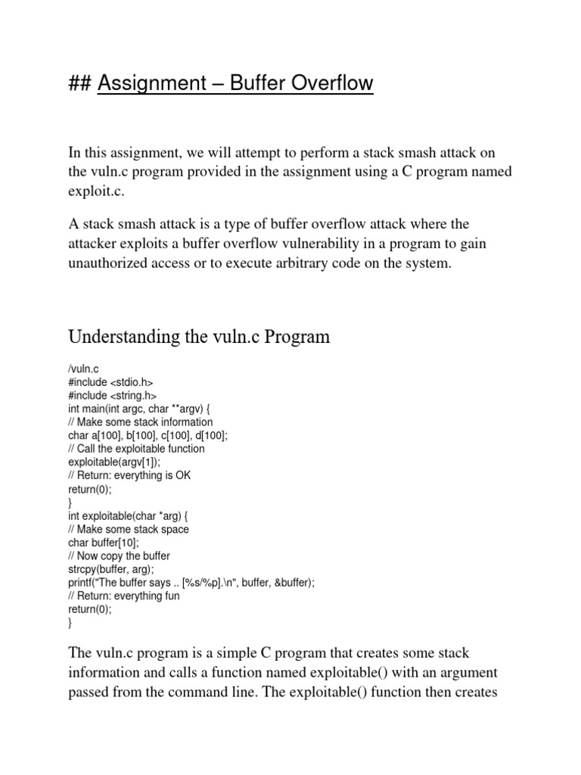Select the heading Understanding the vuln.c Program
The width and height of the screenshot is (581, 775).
(199, 336)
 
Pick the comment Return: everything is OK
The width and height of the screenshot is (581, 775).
(126, 475)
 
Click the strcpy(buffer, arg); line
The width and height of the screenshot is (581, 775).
(110, 569)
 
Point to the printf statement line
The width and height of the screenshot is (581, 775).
(191, 583)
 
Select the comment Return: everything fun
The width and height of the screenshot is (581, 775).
(124, 596)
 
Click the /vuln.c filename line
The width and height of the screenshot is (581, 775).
(84, 369)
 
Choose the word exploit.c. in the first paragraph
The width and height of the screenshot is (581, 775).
(95, 192)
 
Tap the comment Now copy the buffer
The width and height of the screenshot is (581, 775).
(119, 556)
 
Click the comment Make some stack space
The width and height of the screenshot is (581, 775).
(129, 529)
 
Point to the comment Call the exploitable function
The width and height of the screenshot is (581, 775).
(136, 449)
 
